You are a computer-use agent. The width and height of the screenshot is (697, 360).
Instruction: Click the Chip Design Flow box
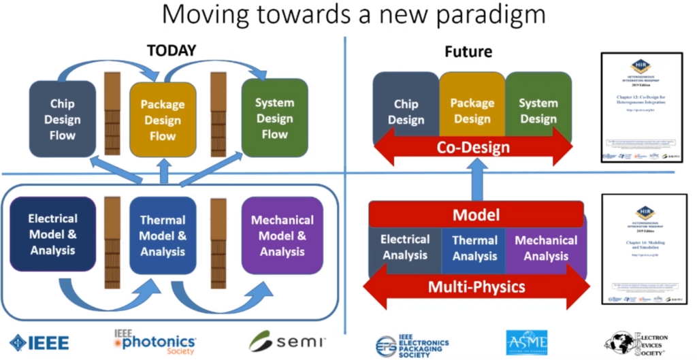(x=61, y=119)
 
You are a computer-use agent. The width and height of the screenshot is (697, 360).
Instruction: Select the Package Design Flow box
(x=163, y=121)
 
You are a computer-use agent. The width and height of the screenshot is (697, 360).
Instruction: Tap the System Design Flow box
(x=274, y=118)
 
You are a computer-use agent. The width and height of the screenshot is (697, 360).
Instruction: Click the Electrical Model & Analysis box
(x=52, y=234)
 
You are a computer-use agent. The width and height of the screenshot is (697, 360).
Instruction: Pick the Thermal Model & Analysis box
(x=163, y=235)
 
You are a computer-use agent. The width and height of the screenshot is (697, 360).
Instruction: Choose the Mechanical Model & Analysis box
(x=282, y=235)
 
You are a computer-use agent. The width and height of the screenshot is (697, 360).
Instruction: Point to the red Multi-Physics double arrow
(x=476, y=286)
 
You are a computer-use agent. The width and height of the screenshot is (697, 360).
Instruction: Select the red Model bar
(x=476, y=215)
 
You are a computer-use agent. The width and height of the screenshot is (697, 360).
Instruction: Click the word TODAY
(x=172, y=50)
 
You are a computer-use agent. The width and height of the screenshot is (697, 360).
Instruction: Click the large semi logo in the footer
(x=287, y=341)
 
